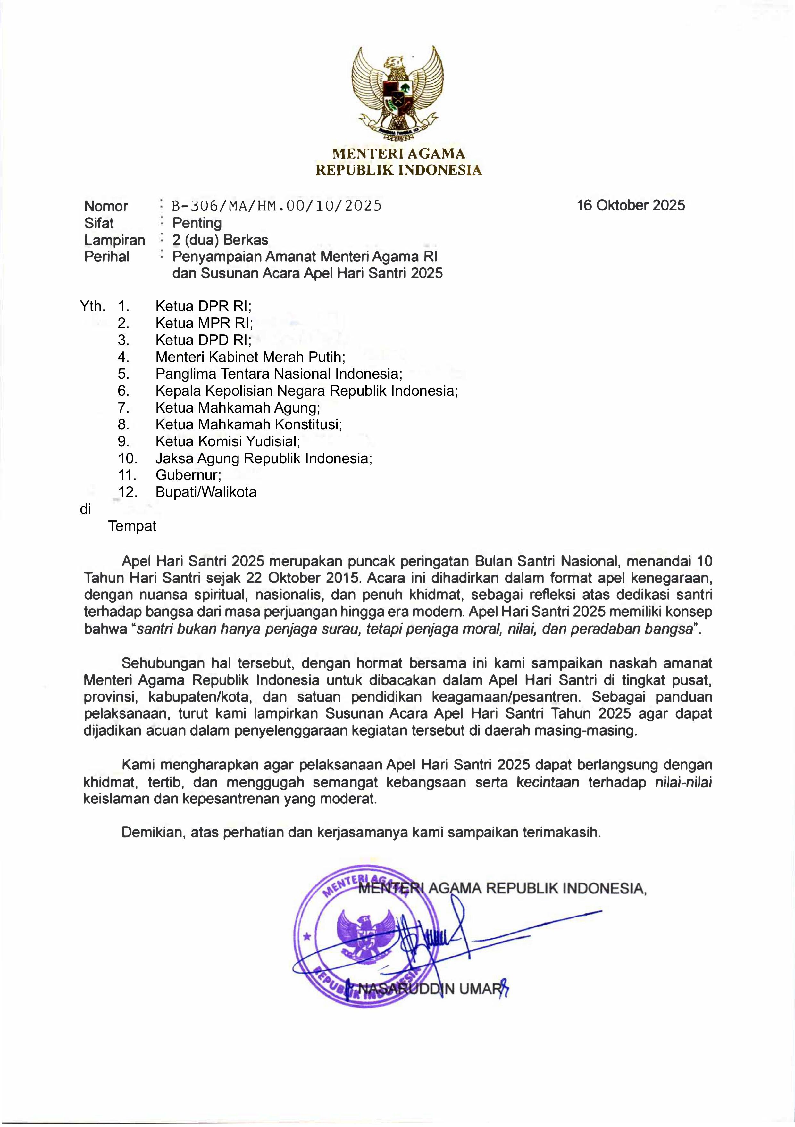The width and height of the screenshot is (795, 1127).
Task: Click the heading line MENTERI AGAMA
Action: coord(398,154)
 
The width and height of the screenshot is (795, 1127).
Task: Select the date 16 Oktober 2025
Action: coord(631,205)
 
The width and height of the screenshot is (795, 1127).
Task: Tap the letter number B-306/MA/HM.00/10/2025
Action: coord(276,206)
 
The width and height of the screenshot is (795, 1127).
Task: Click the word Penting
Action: coord(197,223)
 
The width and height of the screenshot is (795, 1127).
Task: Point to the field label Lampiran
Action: coord(114,240)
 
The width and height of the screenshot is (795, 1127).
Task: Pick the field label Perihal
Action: coord(106,257)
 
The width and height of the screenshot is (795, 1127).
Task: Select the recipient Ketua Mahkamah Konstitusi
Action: coord(248,424)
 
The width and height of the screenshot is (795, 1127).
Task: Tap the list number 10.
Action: coord(128,458)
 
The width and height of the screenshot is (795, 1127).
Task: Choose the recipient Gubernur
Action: coord(188,475)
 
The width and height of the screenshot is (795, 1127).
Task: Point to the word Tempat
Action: coord(132,526)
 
